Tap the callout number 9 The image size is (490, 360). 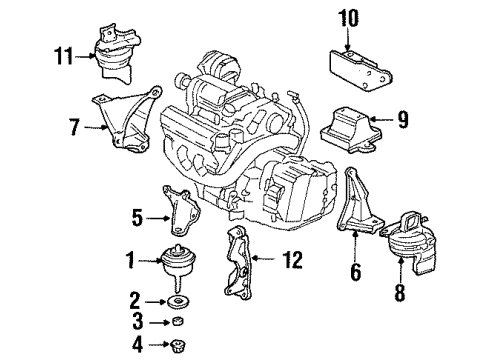[403, 120]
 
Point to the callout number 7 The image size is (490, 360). [73, 127]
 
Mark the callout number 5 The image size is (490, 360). [136, 214]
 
